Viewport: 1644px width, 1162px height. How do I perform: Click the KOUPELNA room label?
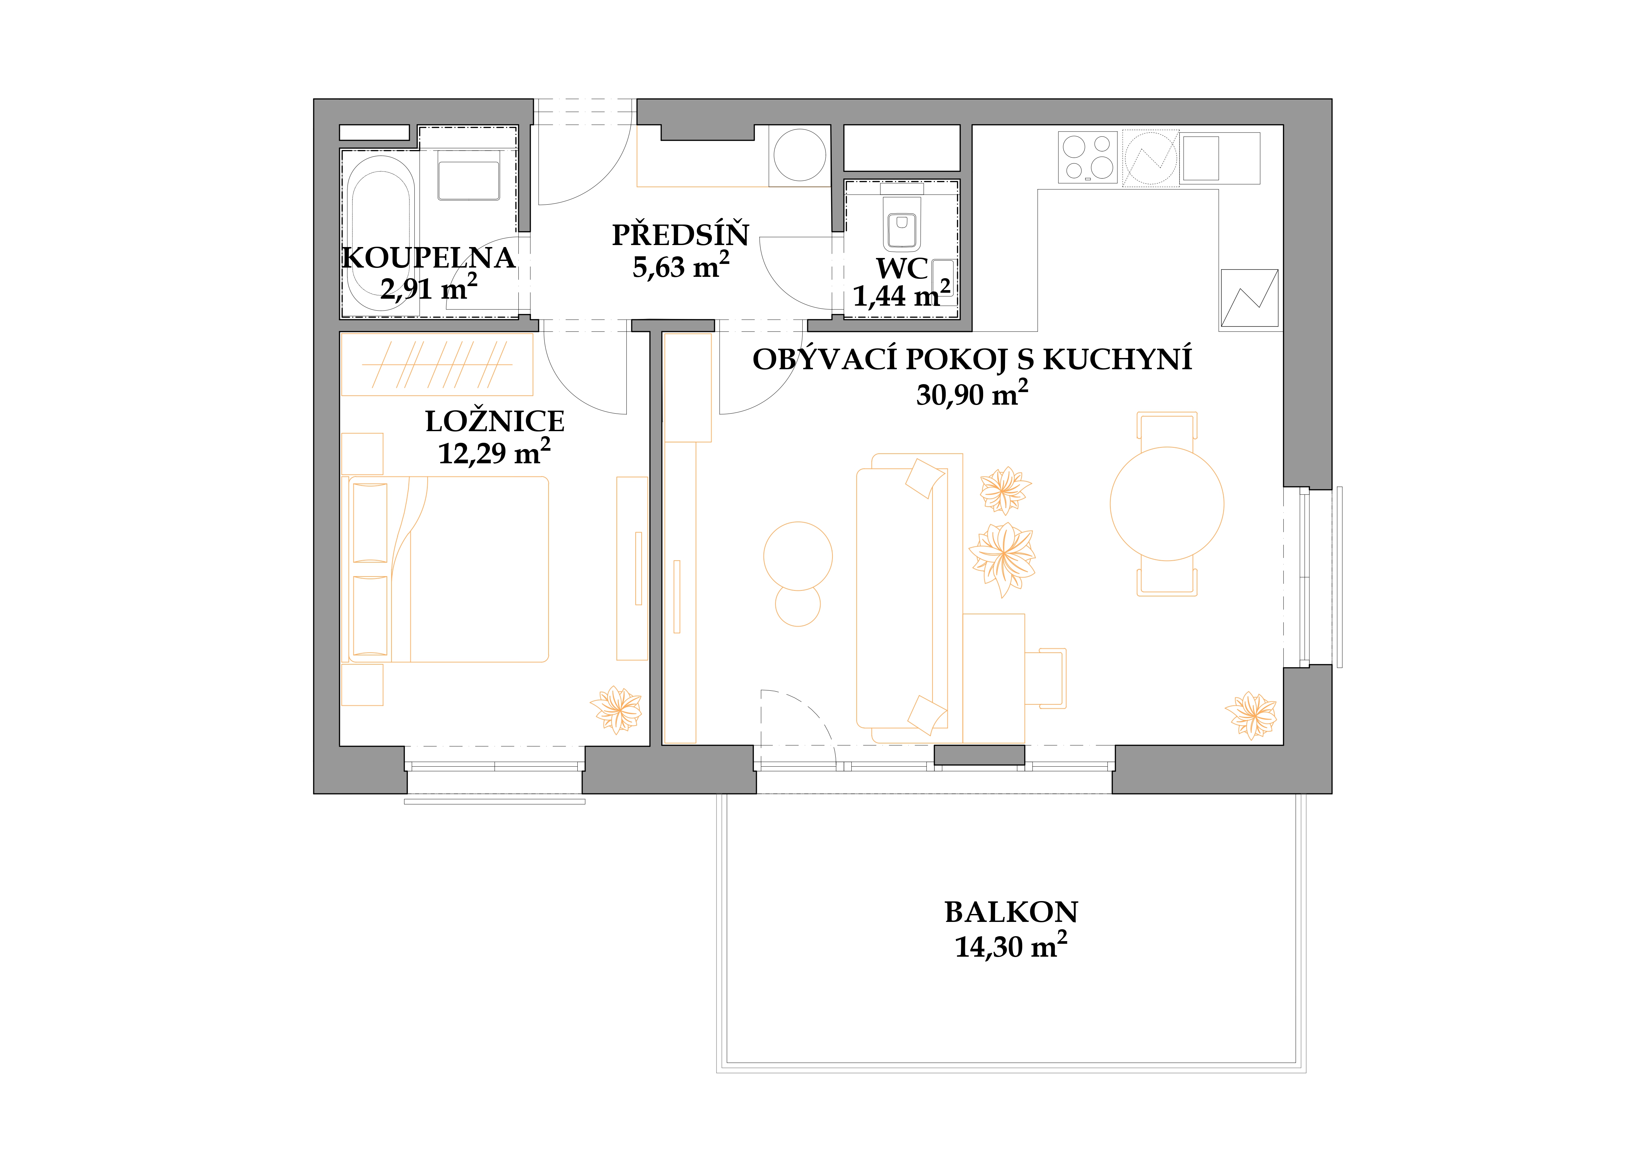(x=428, y=258)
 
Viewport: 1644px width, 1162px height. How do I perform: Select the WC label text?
(x=902, y=269)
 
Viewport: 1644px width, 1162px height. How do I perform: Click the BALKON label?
(x=1011, y=912)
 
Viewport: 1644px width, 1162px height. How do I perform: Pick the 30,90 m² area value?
(x=972, y=394)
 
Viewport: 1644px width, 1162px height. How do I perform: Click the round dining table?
(x=1166, y=504)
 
